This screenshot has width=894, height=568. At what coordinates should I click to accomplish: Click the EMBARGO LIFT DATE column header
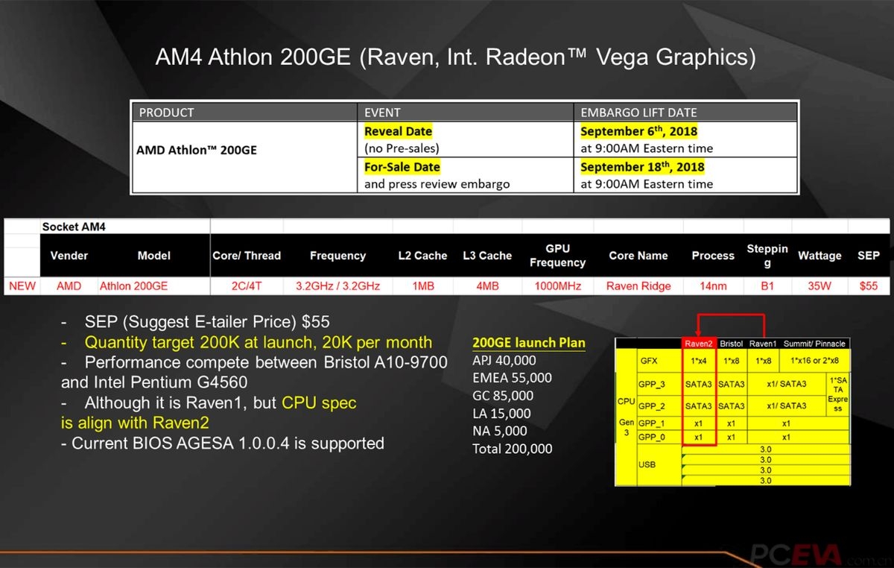point(638,113)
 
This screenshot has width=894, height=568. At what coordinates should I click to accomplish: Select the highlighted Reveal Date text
point(398,131)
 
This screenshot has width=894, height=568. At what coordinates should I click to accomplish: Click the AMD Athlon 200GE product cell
point(197,149)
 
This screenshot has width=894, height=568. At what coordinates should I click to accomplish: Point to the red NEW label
point(22,285)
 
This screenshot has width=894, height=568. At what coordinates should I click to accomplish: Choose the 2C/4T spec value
point(246,285)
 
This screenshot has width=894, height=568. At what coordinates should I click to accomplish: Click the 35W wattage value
point(819,285)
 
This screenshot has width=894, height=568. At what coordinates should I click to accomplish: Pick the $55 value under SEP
point(868,285)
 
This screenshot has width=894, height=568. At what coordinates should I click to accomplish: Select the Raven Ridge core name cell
point(638,285)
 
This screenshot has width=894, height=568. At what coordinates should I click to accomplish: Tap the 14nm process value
point(712,285)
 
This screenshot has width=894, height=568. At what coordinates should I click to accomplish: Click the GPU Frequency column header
point(557,256)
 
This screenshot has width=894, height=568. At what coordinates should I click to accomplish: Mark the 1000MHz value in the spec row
point(557,285)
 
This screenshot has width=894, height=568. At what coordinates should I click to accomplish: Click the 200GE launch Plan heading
point(529,343)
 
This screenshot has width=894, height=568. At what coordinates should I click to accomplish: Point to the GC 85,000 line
point(503,396)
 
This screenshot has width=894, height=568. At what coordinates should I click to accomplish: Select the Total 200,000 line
point(513,449)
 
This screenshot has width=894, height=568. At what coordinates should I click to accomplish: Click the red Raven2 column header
point(699,344)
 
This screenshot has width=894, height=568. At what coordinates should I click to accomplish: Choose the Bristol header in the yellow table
point(732,344)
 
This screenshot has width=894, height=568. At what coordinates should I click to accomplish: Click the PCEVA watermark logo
point(796,554)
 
